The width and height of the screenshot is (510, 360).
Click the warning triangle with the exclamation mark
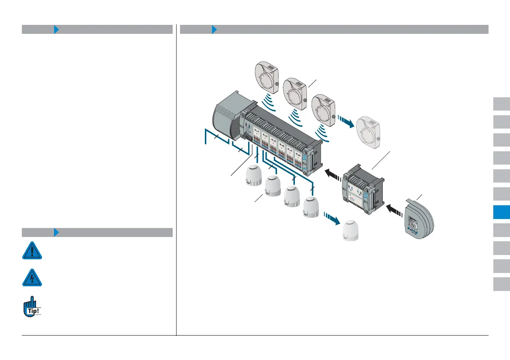32,250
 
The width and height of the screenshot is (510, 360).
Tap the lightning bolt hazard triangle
32,278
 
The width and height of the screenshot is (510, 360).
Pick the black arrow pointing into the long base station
333,174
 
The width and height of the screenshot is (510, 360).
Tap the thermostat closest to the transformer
267,77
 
